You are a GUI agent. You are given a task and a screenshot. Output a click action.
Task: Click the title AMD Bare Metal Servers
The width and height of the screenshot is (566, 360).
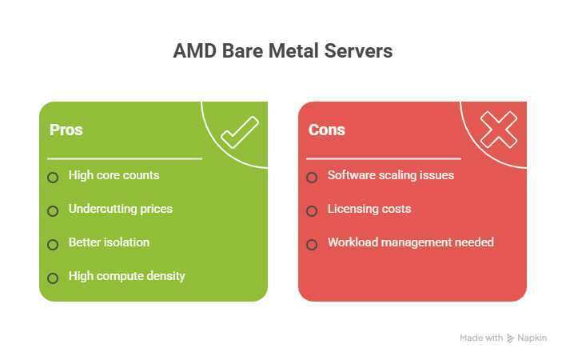[283, 52]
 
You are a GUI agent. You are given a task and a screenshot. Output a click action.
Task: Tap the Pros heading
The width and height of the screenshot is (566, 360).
[66, 130]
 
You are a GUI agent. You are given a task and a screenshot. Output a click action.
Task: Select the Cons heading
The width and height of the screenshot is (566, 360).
[326, 130]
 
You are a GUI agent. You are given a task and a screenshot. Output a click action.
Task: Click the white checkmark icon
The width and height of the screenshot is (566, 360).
[239, 132]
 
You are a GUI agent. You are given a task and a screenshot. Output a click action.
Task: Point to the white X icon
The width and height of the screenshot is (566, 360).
[498, 130]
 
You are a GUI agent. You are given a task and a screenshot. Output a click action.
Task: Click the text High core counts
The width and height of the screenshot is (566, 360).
[114, 175]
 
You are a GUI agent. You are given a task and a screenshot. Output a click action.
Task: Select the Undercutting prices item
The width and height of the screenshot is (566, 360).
[120, 209]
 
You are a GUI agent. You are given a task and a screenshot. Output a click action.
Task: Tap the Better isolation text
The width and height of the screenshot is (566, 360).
[109, 242]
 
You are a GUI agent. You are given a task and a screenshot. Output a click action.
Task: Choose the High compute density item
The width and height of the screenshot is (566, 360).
[126, 276]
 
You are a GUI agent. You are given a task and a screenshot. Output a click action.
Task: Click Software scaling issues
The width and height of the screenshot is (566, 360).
[390, 175]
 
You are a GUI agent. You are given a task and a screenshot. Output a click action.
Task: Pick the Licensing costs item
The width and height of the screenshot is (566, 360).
[369, 209]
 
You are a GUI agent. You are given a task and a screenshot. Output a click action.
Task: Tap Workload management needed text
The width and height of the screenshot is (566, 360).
[410, 242]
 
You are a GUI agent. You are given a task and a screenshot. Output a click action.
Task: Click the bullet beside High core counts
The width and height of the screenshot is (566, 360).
[53, 177]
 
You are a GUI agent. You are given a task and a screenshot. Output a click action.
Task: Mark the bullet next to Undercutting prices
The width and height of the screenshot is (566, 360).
[53, 211]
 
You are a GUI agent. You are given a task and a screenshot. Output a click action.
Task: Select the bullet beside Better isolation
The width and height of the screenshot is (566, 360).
[53, 245]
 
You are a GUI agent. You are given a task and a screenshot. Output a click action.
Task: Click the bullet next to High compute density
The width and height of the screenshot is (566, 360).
[53, 278]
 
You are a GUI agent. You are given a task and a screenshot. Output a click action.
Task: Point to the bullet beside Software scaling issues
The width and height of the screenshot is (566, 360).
[312, 177]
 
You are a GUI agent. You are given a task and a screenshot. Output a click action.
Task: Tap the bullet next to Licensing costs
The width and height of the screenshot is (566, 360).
[312, 211]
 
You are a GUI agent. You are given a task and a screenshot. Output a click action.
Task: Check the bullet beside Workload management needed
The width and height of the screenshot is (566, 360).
[312, 245]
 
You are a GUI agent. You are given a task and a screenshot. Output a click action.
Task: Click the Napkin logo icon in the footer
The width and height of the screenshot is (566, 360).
[511, 338]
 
